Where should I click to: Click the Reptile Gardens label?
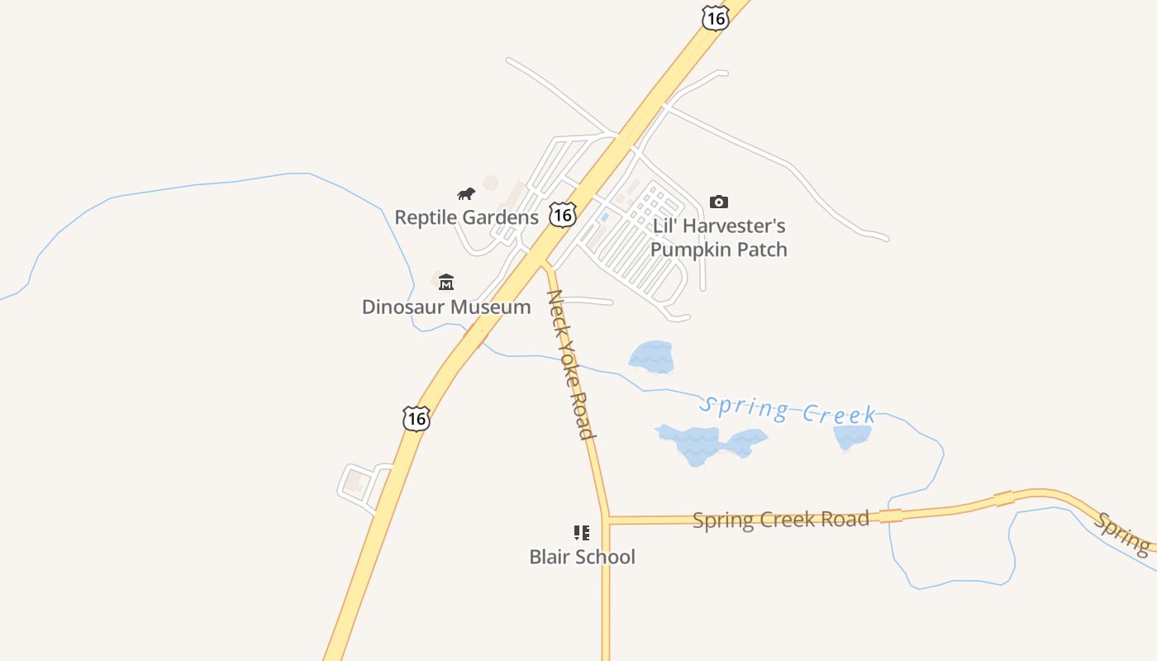coord(466,217)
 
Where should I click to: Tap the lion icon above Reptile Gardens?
coord(466,194)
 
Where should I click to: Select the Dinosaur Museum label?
coord(446,307)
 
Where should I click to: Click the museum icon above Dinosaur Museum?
coord(446,283)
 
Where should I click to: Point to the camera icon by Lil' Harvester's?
coord(719,202)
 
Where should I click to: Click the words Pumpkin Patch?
coord(718,250)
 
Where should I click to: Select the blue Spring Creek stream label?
coord(787,410)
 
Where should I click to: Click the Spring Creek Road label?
coord(780,520)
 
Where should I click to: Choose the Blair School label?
coord(582,557)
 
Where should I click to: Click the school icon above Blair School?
coord(582,532)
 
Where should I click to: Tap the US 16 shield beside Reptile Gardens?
coord(563,215)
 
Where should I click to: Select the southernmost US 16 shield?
coord(417,419)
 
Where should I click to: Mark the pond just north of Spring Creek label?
coord(652,357)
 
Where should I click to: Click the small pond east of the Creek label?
coord(851,437)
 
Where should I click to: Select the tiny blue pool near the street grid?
coord(605,216)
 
